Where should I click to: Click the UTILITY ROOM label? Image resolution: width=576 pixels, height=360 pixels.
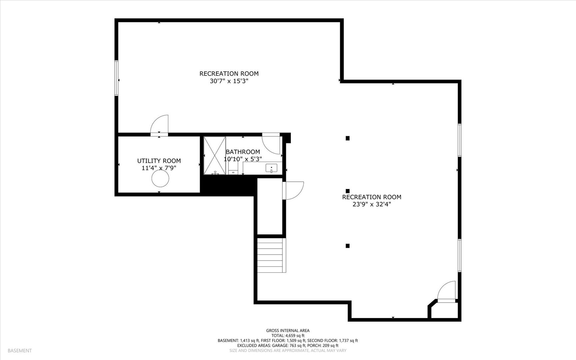pyautogui.click(x=159, y=161)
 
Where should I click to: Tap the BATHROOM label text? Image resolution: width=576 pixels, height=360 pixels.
pyautogui.click(x=243, y=152)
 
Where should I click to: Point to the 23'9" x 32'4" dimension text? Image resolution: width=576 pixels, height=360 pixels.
pyautogui.click(x=372, y=204)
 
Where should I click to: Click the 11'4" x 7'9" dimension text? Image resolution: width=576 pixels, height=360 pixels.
pyautogui.click(x=159, y=168)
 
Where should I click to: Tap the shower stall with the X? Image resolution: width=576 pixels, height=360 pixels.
pyautogui.click(x=215, y=155)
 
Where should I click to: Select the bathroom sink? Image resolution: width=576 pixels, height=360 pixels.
pyautogui.click(x=271, y=168)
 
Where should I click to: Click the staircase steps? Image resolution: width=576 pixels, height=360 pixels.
pyautogui.click(x=271, y=256)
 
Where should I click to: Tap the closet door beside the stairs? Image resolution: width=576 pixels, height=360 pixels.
pyautogui.click(x=294, y=191)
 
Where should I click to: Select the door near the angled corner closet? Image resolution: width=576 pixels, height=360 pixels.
pyautogui.click(x=446, y=291)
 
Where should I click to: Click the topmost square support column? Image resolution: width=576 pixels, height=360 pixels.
pyautogui.click(x=347, y=138)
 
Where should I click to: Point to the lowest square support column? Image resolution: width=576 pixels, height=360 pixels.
pyautogui.click(x=347, y=246)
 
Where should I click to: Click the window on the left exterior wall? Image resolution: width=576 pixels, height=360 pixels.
pyautogui.click(x=116, y=78)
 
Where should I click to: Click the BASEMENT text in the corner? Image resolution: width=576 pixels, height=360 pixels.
pyautogui.click(x=20, y=351)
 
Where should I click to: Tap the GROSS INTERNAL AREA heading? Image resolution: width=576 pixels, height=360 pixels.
pyautogui.click(x=288, y=331)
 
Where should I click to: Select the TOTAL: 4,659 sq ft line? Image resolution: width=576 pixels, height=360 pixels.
pyautogui.click(x=288, y=336)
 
